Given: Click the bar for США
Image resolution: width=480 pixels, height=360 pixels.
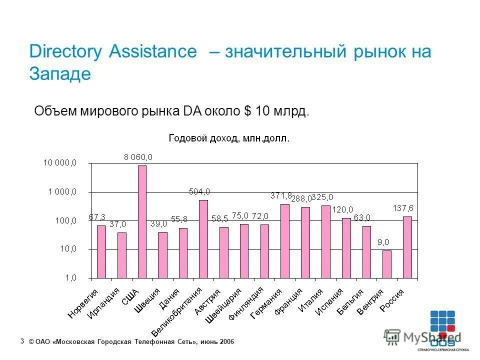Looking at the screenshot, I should [142, 221].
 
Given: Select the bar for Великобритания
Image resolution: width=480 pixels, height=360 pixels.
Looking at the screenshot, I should [203, 239].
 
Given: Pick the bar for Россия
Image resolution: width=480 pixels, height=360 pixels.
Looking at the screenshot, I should [407, 247].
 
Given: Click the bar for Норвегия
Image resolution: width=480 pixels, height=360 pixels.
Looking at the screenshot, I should [101, 251].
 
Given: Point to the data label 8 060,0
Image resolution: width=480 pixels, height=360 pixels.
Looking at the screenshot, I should [138, 157].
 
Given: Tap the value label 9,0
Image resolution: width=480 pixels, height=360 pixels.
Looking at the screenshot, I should [383, 242].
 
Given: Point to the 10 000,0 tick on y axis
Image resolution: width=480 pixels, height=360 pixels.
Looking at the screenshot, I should [60, 163].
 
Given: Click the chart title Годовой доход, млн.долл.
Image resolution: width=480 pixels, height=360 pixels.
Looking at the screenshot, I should [228, 138].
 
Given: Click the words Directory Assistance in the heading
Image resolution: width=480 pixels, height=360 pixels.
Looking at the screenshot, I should [113, 51].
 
